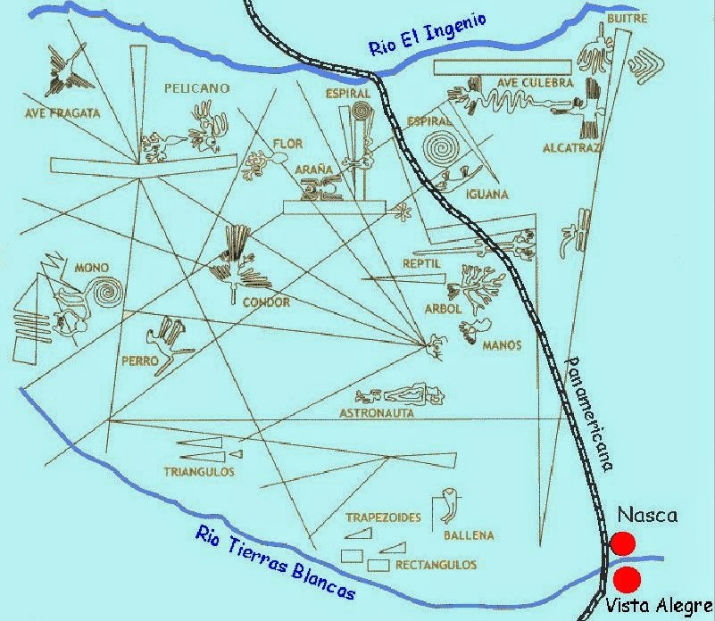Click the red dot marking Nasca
click(623, 542)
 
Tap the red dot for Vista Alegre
click(627, 576)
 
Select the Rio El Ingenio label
click(428, 35)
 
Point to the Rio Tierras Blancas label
click(275, 562)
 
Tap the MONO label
click(92, 267)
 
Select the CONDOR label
click(266, 302)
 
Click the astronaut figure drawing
click(406, 392)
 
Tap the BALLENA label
click(468, 535)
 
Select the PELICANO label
click(197, 88)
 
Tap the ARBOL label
click(443, 309)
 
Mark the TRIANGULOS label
click(198, 470)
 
